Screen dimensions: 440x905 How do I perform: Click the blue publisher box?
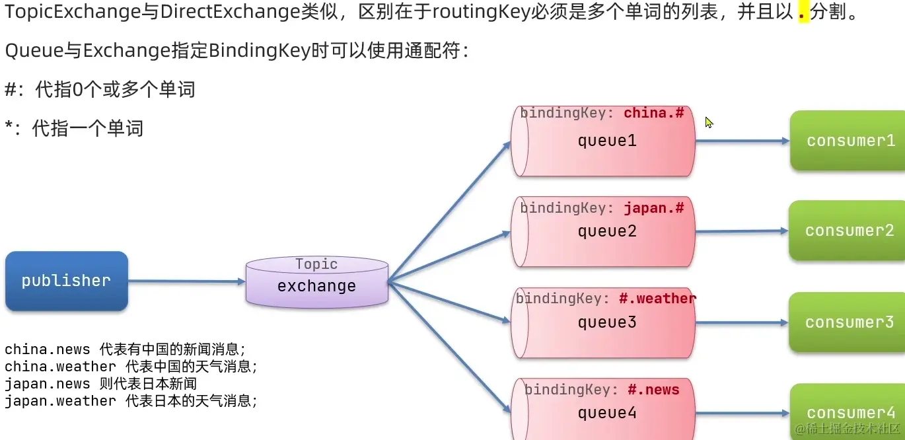coord(66,281)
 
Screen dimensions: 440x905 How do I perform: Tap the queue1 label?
coord(606,141)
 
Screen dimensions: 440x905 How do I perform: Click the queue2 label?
coord(606,231)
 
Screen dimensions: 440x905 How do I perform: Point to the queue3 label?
coord(606,322)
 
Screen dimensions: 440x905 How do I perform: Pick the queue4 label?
coord(606,414)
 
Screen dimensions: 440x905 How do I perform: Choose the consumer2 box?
coord(850,231)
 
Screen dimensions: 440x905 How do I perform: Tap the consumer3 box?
coord(850,322)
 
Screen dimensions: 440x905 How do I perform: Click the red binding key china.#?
coord(653,113)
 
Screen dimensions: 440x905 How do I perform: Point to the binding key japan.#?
coord(653,208)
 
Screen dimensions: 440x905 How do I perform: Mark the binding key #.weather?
coord(657,299)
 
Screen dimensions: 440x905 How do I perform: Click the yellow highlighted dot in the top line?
coord(804,13)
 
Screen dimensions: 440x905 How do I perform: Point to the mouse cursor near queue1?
coord(709,122)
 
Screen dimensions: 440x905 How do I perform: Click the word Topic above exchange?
coord(316,264)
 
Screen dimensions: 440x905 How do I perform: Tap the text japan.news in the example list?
coord(47,384)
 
